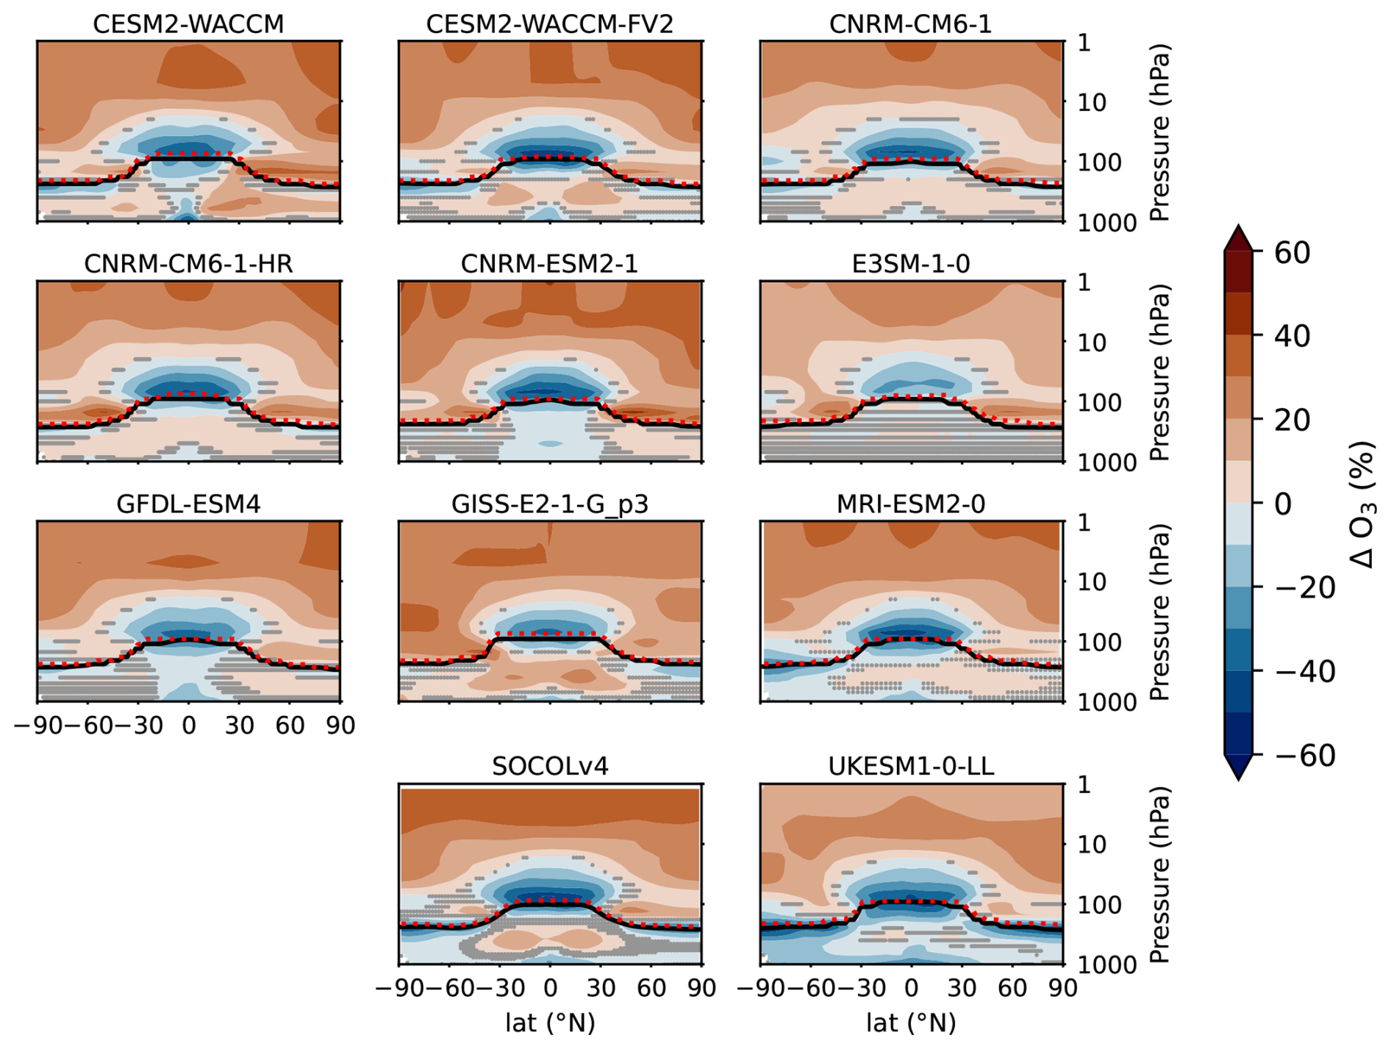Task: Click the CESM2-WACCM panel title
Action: (x=188, y=24)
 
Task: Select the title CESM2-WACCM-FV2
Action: (x=549, y=24)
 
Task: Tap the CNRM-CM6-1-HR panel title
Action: (x=188, y=264)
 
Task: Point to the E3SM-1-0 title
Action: (x=910, y=264)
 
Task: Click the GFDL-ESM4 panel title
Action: (x=188, y=504)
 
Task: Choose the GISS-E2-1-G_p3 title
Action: (x=549, y=504)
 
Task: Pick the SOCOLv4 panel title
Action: (x=549, y=767)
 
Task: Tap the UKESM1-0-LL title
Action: (x=910, y=767)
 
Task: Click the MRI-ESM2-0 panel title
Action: (x=910, y=504)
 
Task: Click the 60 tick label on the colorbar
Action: (x=1292, y=253)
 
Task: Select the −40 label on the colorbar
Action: (x=1304, y=671)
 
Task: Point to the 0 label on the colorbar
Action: (x=1282, y=504)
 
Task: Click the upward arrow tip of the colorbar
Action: (x=1238, y=228)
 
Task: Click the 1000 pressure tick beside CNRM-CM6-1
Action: (x=1106, y=223)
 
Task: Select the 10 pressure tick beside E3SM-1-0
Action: (x=1092, y=343)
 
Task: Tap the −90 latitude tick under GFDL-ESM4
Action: (x=38, y=726)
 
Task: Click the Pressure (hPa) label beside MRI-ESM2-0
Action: (x=1159, y=612)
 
